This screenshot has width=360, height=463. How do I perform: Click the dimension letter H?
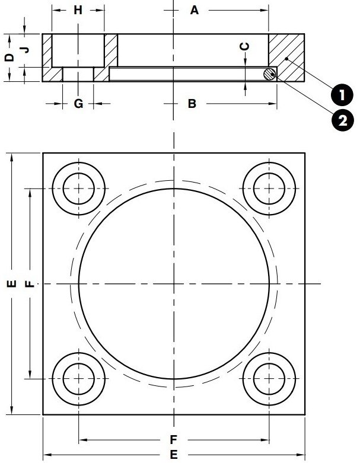78,10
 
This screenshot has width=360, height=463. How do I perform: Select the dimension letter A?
194,10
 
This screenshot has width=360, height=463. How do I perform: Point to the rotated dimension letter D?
8,58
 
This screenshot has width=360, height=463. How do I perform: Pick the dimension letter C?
245,46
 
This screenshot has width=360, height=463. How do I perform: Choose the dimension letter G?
78,104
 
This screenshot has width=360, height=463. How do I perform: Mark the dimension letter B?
192,104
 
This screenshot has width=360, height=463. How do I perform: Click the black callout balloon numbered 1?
340,94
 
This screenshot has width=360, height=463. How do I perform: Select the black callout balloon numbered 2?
340,120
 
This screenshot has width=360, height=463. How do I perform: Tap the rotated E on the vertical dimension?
9,284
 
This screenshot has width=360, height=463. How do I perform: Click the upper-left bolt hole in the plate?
79,189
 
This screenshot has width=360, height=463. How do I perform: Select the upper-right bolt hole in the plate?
269,189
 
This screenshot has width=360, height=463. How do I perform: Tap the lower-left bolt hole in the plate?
79,378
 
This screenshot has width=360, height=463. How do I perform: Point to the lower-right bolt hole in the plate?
269,378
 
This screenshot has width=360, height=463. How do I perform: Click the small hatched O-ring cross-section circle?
270,74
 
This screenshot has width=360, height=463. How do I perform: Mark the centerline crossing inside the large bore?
174,284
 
